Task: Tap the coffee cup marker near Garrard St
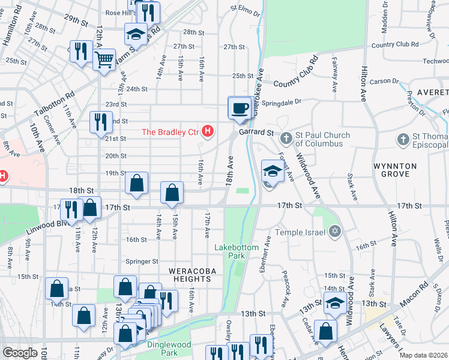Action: click(x=240, y=108)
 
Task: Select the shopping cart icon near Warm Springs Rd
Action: click(x=104, y=60)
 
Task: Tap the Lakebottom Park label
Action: click(x=237, y=251)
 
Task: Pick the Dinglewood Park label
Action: click(x=169, y=349)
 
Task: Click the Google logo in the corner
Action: click(x=20, y=353)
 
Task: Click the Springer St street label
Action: click(x=142, y=262)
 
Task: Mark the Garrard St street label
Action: click(x=256, y=132)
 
